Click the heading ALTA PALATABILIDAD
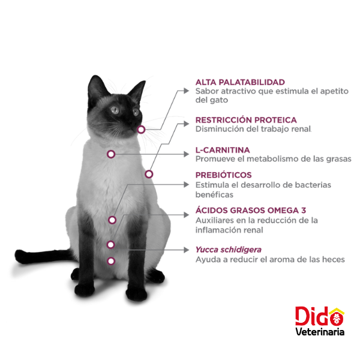[240, 82]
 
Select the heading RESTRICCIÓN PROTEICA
[246, 120]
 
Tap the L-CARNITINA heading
[223, 150]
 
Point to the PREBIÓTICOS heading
[223, 175]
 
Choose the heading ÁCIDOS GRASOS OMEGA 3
[251, 211]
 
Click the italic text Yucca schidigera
[229, 250]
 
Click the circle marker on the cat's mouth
[141, 130]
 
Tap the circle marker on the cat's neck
[111, 154]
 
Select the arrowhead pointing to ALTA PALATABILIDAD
[186, 91]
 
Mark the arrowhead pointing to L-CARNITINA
[186, 154]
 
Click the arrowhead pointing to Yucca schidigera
[186, 250]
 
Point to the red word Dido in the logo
[319, 316]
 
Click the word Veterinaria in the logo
[320, 332]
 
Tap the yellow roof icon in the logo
[337, 311]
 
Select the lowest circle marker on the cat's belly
[111, 261]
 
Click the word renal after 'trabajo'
[301, 129]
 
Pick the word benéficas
[214, 194]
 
